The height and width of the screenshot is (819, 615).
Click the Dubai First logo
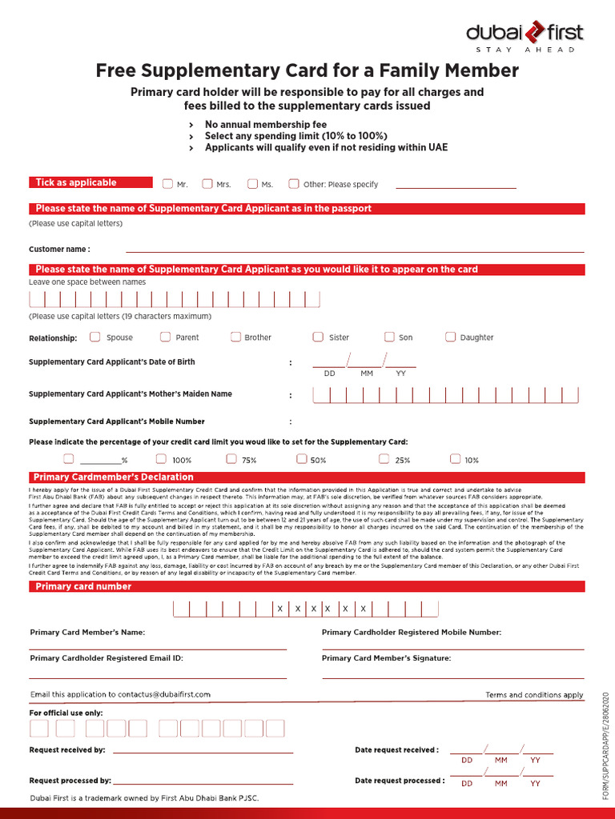point(525,35)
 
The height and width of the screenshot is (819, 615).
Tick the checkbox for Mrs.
point(207,184)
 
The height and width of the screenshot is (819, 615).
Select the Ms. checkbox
point(253,184)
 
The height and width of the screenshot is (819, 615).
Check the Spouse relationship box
point(98,337)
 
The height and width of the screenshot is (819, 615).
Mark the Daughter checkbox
point(451,337)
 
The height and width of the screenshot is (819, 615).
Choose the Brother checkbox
point(235,337)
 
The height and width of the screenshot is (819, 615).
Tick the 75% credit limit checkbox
point(231,459)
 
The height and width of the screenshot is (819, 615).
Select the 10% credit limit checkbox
point(456,459)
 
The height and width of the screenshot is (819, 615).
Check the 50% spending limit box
point(302,459)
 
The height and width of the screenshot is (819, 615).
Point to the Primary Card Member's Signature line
point(453,677)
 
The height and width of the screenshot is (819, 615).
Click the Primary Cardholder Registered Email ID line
point(158,677)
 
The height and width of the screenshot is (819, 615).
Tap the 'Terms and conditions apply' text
point(534,695)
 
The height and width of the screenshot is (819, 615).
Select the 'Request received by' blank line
point(203,752)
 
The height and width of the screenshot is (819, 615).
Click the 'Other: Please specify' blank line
point(456,187)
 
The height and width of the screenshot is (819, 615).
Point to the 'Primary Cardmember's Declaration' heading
point(114,477)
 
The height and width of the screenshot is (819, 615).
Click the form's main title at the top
point(307,71)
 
